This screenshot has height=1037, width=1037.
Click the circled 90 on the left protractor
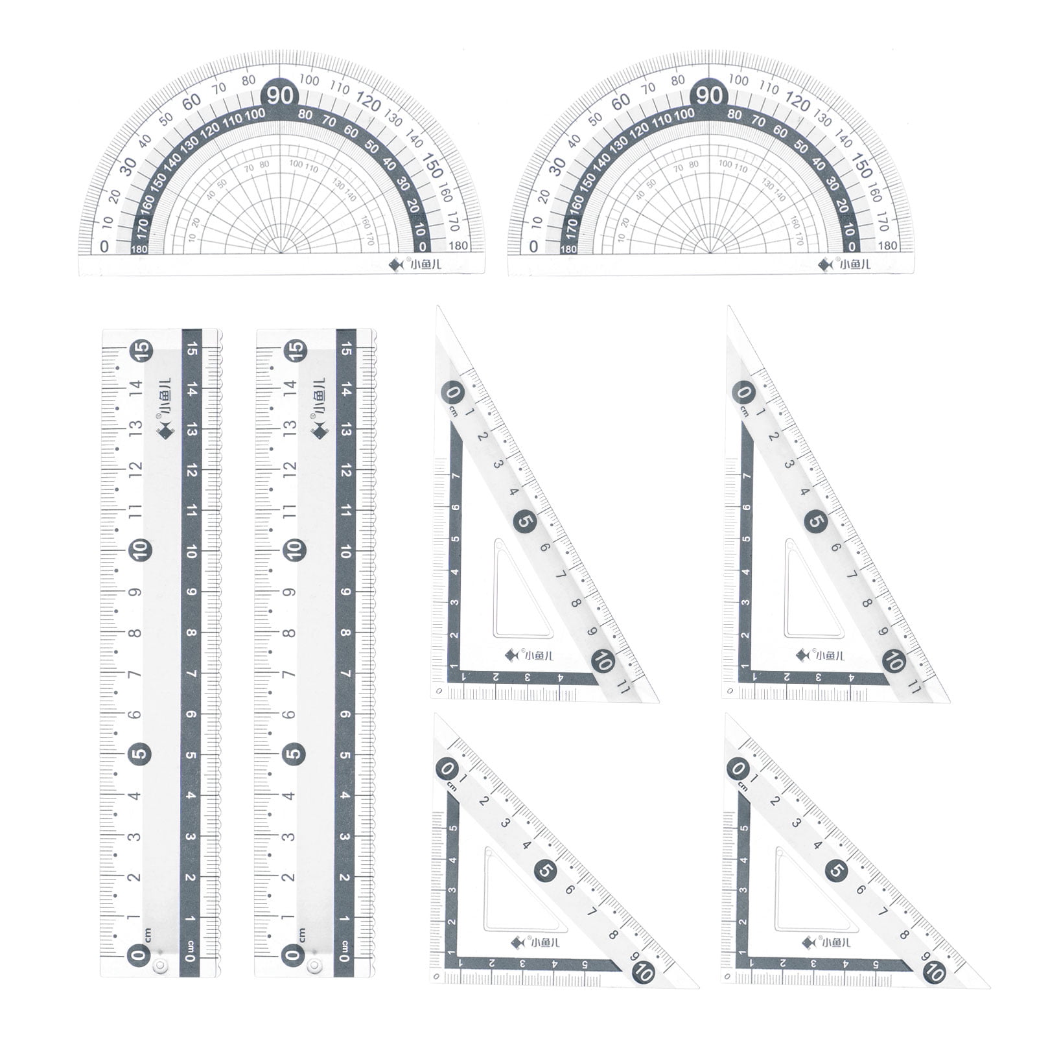[x=280, y=96]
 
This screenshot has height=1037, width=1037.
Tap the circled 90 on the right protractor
[x=709, y=96]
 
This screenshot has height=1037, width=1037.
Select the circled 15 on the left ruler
[x=141, y=350]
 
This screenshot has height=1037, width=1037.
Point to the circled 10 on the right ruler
[x=294, y=551]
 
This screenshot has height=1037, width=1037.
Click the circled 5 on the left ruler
[x=141, y=754]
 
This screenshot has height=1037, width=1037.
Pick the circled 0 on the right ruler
[x=294, y=954]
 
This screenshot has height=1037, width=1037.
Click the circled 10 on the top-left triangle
[x=603, y=662]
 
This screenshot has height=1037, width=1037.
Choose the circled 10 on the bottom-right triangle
[x=935, y=972]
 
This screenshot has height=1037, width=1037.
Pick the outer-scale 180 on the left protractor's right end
[x=458, y=246]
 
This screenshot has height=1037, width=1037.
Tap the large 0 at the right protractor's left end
[x=533, y=246]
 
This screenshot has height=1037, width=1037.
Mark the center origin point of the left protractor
[x=280, y=253]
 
